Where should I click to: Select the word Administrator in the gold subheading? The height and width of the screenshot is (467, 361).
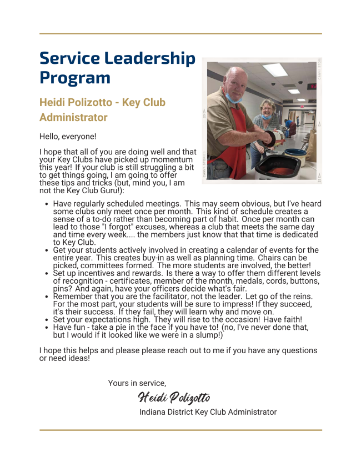(x=73, y=118)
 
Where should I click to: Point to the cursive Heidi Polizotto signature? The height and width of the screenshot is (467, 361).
(x=174, y=398)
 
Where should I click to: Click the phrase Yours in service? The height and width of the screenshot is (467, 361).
(x=137, y=383)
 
